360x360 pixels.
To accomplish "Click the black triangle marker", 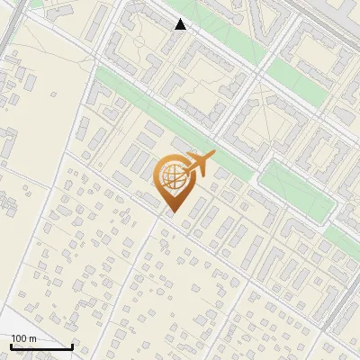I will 181,24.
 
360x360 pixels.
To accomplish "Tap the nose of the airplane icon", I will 214,156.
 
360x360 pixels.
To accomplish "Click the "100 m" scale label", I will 23,338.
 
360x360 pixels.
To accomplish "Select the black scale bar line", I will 41,346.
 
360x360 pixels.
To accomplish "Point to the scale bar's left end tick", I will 11,345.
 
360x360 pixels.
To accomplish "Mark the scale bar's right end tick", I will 72,345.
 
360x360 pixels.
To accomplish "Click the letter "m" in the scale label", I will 32,338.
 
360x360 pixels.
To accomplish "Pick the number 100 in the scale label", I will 19,338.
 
